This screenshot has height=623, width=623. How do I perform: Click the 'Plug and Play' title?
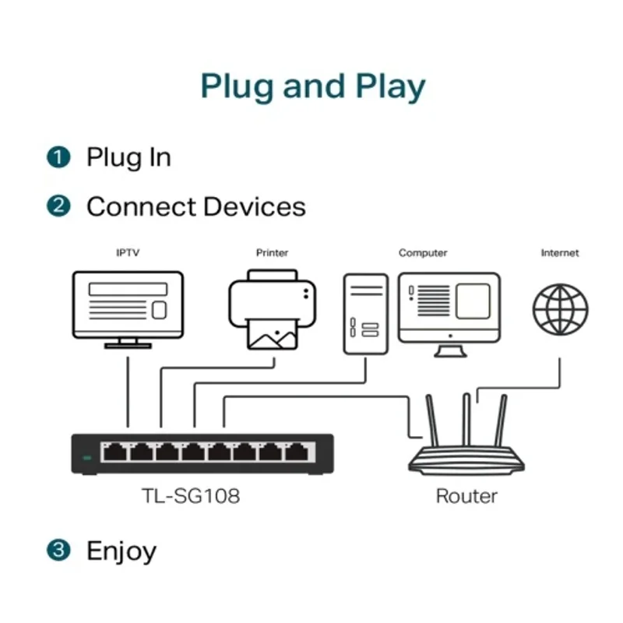tap(312, 86)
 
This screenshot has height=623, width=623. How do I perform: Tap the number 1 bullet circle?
tap(58, 157)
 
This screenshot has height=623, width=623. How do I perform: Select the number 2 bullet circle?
tap(58, 206)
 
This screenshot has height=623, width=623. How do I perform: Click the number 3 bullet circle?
tap(58, 551)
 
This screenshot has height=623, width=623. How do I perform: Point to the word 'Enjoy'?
tap(121, 551)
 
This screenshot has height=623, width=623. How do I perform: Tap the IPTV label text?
tap(128, 253)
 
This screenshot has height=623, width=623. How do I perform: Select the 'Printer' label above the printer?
tap(272, 253)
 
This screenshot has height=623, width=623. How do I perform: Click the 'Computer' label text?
tap(423, 253)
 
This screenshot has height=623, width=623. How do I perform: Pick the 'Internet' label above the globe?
tap(560, 253)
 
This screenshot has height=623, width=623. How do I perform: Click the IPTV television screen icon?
tap(128, 305)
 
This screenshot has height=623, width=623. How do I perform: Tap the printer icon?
tap(273, 309)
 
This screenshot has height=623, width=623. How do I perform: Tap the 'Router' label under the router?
tap(466, 495)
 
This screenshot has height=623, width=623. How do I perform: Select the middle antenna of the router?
tap(466, 421)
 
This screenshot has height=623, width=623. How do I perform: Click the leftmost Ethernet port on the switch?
tap(114, 452)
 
